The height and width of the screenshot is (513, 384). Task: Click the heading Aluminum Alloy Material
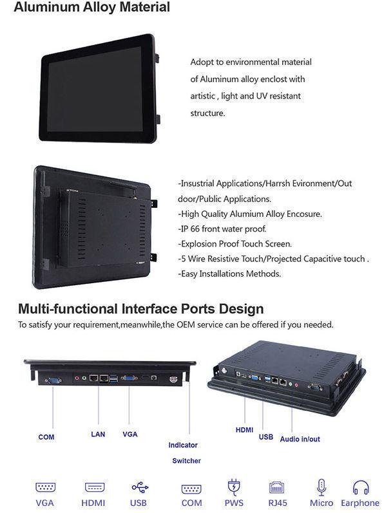pos(91,8)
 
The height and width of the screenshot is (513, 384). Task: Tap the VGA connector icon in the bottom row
pos(45,488)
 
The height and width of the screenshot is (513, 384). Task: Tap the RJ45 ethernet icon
pos(278,487)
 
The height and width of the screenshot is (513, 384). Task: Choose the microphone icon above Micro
pos(322,487)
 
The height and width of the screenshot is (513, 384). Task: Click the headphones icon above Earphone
pos(360,487)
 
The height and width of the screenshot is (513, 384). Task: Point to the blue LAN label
pos(98,434)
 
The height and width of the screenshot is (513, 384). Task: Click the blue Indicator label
pos(183,445)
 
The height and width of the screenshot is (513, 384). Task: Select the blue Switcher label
pos(186,461)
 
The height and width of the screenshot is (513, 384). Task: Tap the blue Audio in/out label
pos(300,439)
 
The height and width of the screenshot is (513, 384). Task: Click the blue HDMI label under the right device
pos(244,429)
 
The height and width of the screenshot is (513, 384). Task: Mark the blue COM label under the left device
pos(46,437)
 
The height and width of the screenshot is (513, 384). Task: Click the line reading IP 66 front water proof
pos(222,229)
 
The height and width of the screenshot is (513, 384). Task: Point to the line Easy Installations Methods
pos(229,274)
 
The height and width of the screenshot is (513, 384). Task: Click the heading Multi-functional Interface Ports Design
pos(140,309)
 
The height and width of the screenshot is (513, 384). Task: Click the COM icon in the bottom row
pos(191,488)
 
